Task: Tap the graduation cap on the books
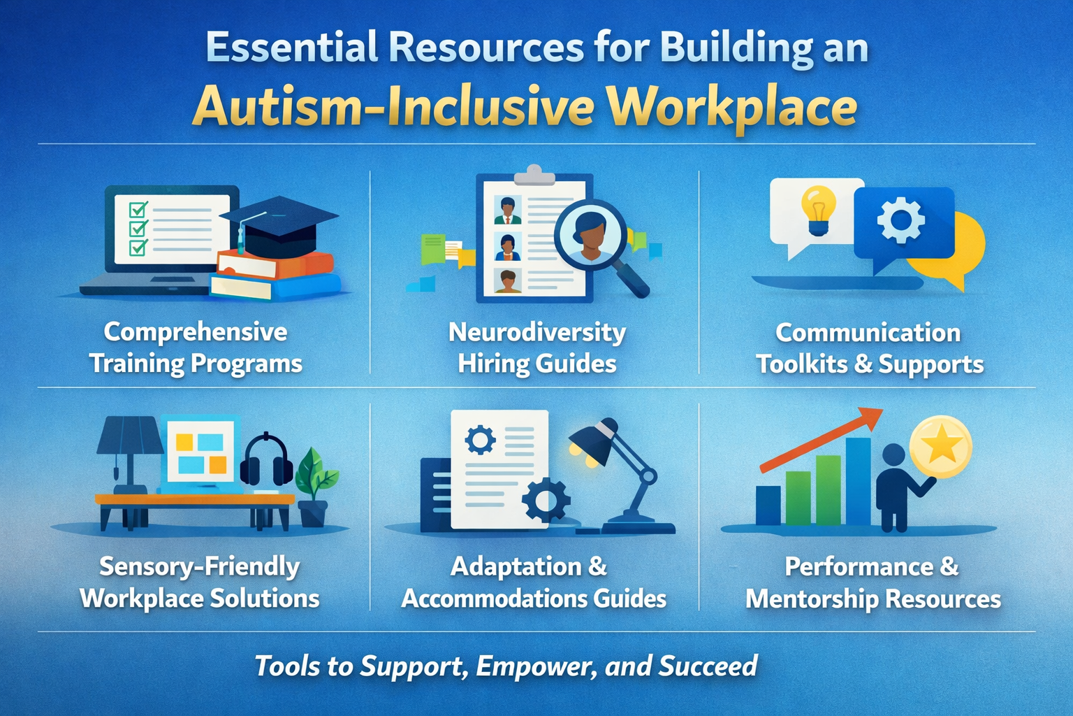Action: click(279, 222)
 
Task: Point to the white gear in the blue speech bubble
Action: click(900, 220)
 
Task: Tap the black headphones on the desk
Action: click(266, 461)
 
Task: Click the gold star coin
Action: click(941, 446)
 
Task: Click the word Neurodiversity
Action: click(536, 332)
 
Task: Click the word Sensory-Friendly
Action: click(199, 566)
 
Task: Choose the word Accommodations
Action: click(494, 599)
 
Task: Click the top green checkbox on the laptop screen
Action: click(138, 210)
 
